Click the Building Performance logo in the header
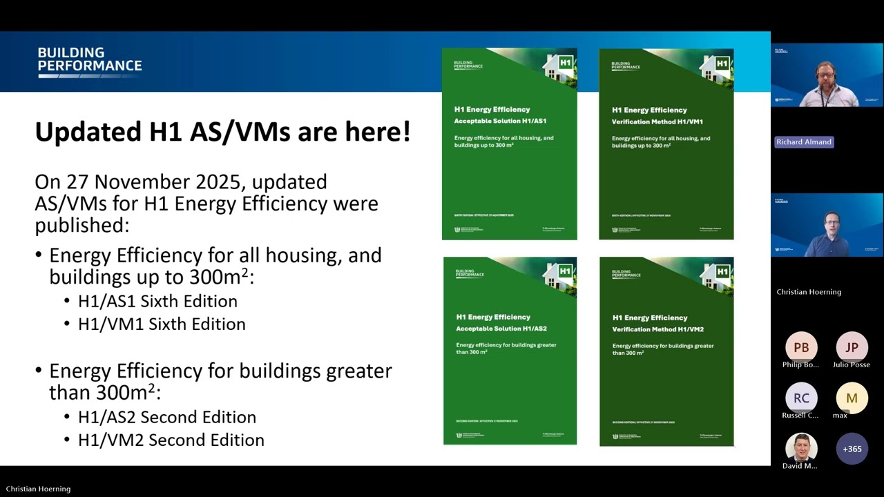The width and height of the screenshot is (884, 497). [x=90, y=61]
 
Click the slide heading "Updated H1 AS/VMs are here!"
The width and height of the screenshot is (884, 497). [x=222, y=131]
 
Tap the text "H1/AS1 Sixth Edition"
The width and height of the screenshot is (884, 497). [x=157, y=301]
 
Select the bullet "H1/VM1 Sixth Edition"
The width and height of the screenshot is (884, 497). [x=162, y=324]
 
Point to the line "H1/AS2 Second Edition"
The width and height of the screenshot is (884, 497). [x=166, y=417]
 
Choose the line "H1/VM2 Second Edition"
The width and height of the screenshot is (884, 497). [x=171, y=440]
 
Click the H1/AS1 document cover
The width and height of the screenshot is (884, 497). [x=510, y=144]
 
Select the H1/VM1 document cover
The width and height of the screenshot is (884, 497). [x=666, y=144]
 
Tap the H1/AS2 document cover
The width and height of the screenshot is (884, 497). [x=510, y=351]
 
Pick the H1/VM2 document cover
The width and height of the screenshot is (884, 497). [x=666, y=351]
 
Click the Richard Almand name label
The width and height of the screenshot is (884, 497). [x=804, y=142]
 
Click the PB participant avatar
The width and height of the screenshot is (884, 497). [x=801, y=347]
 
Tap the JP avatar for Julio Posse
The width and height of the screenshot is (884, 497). [x=852, y=347]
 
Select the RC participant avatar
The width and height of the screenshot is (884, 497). [x=801, y=398]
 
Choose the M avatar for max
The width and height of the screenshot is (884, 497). [x=852, y=398]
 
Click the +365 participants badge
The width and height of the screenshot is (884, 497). [x=852, y=449]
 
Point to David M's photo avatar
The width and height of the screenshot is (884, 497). [x=801, y=449]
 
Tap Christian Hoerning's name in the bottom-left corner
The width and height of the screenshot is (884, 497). [x=38, y=489]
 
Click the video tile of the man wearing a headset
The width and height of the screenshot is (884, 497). [x=827, y=75]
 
